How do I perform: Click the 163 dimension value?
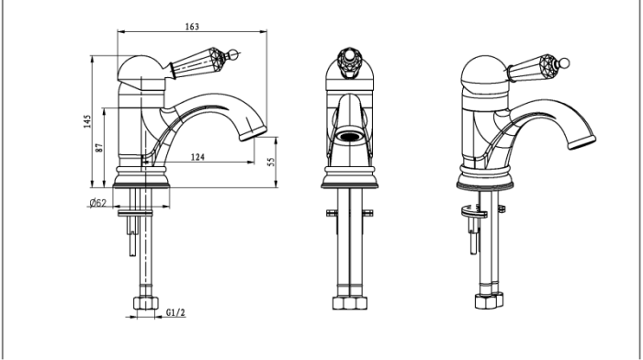[192, 27]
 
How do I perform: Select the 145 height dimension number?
[87, 121]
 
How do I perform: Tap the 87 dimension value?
[99, 148]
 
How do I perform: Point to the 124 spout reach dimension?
[197, 157]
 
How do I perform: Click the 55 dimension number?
[271, 162]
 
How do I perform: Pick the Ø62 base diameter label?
[97, 203]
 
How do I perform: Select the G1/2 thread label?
[175, 312]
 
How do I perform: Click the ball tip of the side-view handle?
[232, 54]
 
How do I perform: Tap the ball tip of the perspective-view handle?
[564, 63]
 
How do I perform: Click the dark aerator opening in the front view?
[349, 137]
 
